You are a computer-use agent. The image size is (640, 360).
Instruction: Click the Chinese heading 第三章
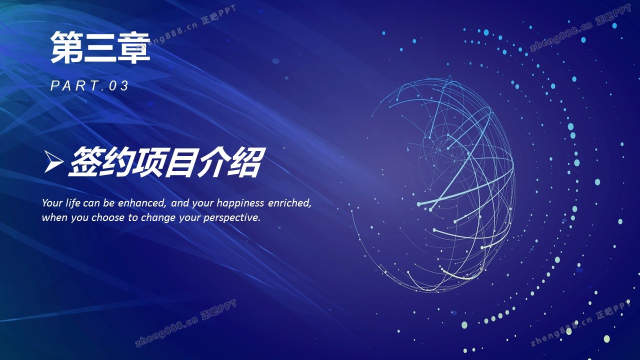click(x=100, y=47)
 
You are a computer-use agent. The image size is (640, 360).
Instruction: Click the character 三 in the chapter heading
click(x=100, y=48)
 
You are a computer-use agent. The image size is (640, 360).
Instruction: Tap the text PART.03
click(x=89, y=85)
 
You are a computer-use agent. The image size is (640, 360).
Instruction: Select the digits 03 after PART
click(x=119, y=85)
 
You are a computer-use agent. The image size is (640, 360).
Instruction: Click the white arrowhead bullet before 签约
click(x=53, y=161)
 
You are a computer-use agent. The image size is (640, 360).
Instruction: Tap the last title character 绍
click(x=246, y=161)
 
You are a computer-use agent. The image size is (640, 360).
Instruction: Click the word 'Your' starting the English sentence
click(x=52, y=203)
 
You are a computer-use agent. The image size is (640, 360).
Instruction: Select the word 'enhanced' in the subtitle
click(x=141, y=203)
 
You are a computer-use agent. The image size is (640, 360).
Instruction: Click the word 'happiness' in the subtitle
click(x=240, y=203)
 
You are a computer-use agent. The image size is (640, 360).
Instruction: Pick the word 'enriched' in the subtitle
click(x=289, y=203)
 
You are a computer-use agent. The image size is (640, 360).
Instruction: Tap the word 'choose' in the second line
click(x=108, y=217)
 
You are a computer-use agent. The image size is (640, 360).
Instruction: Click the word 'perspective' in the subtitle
click(x=231, y=218)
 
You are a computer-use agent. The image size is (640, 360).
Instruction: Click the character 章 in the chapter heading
click(x=133, y=47)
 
